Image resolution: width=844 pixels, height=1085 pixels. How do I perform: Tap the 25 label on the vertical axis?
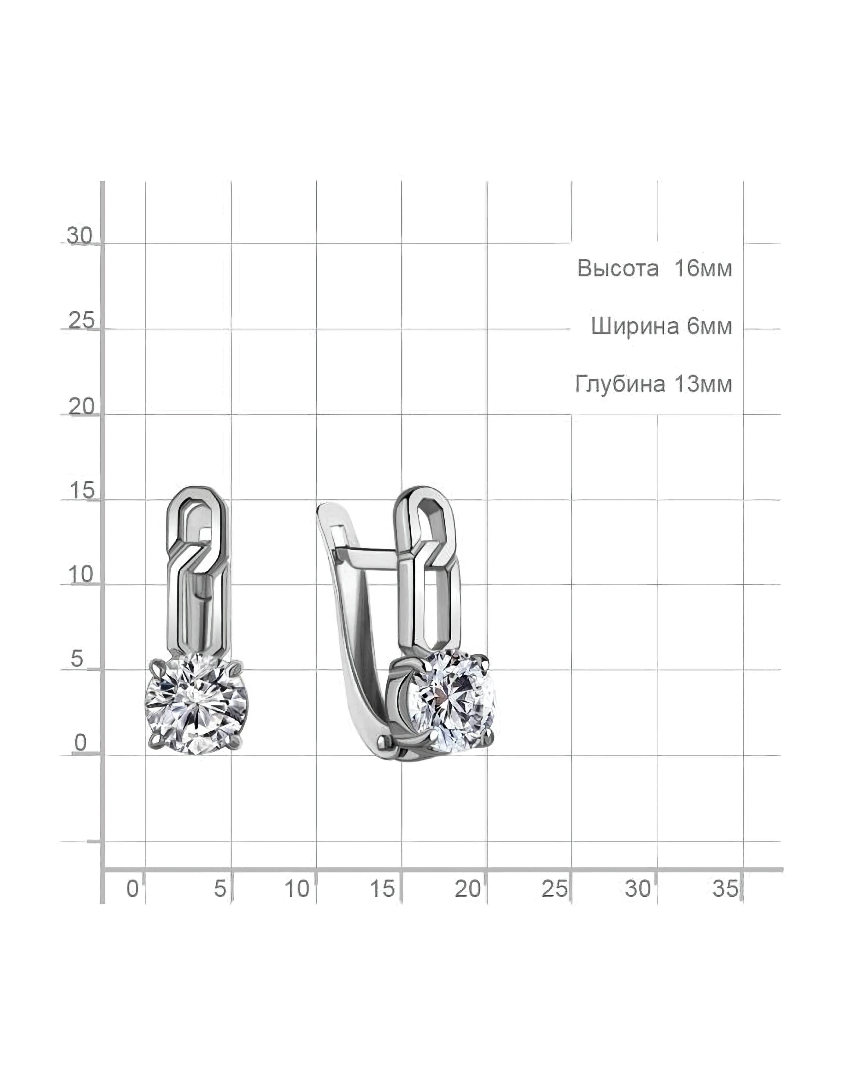(x=81, y=320)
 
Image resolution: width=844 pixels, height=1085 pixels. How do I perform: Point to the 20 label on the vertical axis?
(x=81, y=406)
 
